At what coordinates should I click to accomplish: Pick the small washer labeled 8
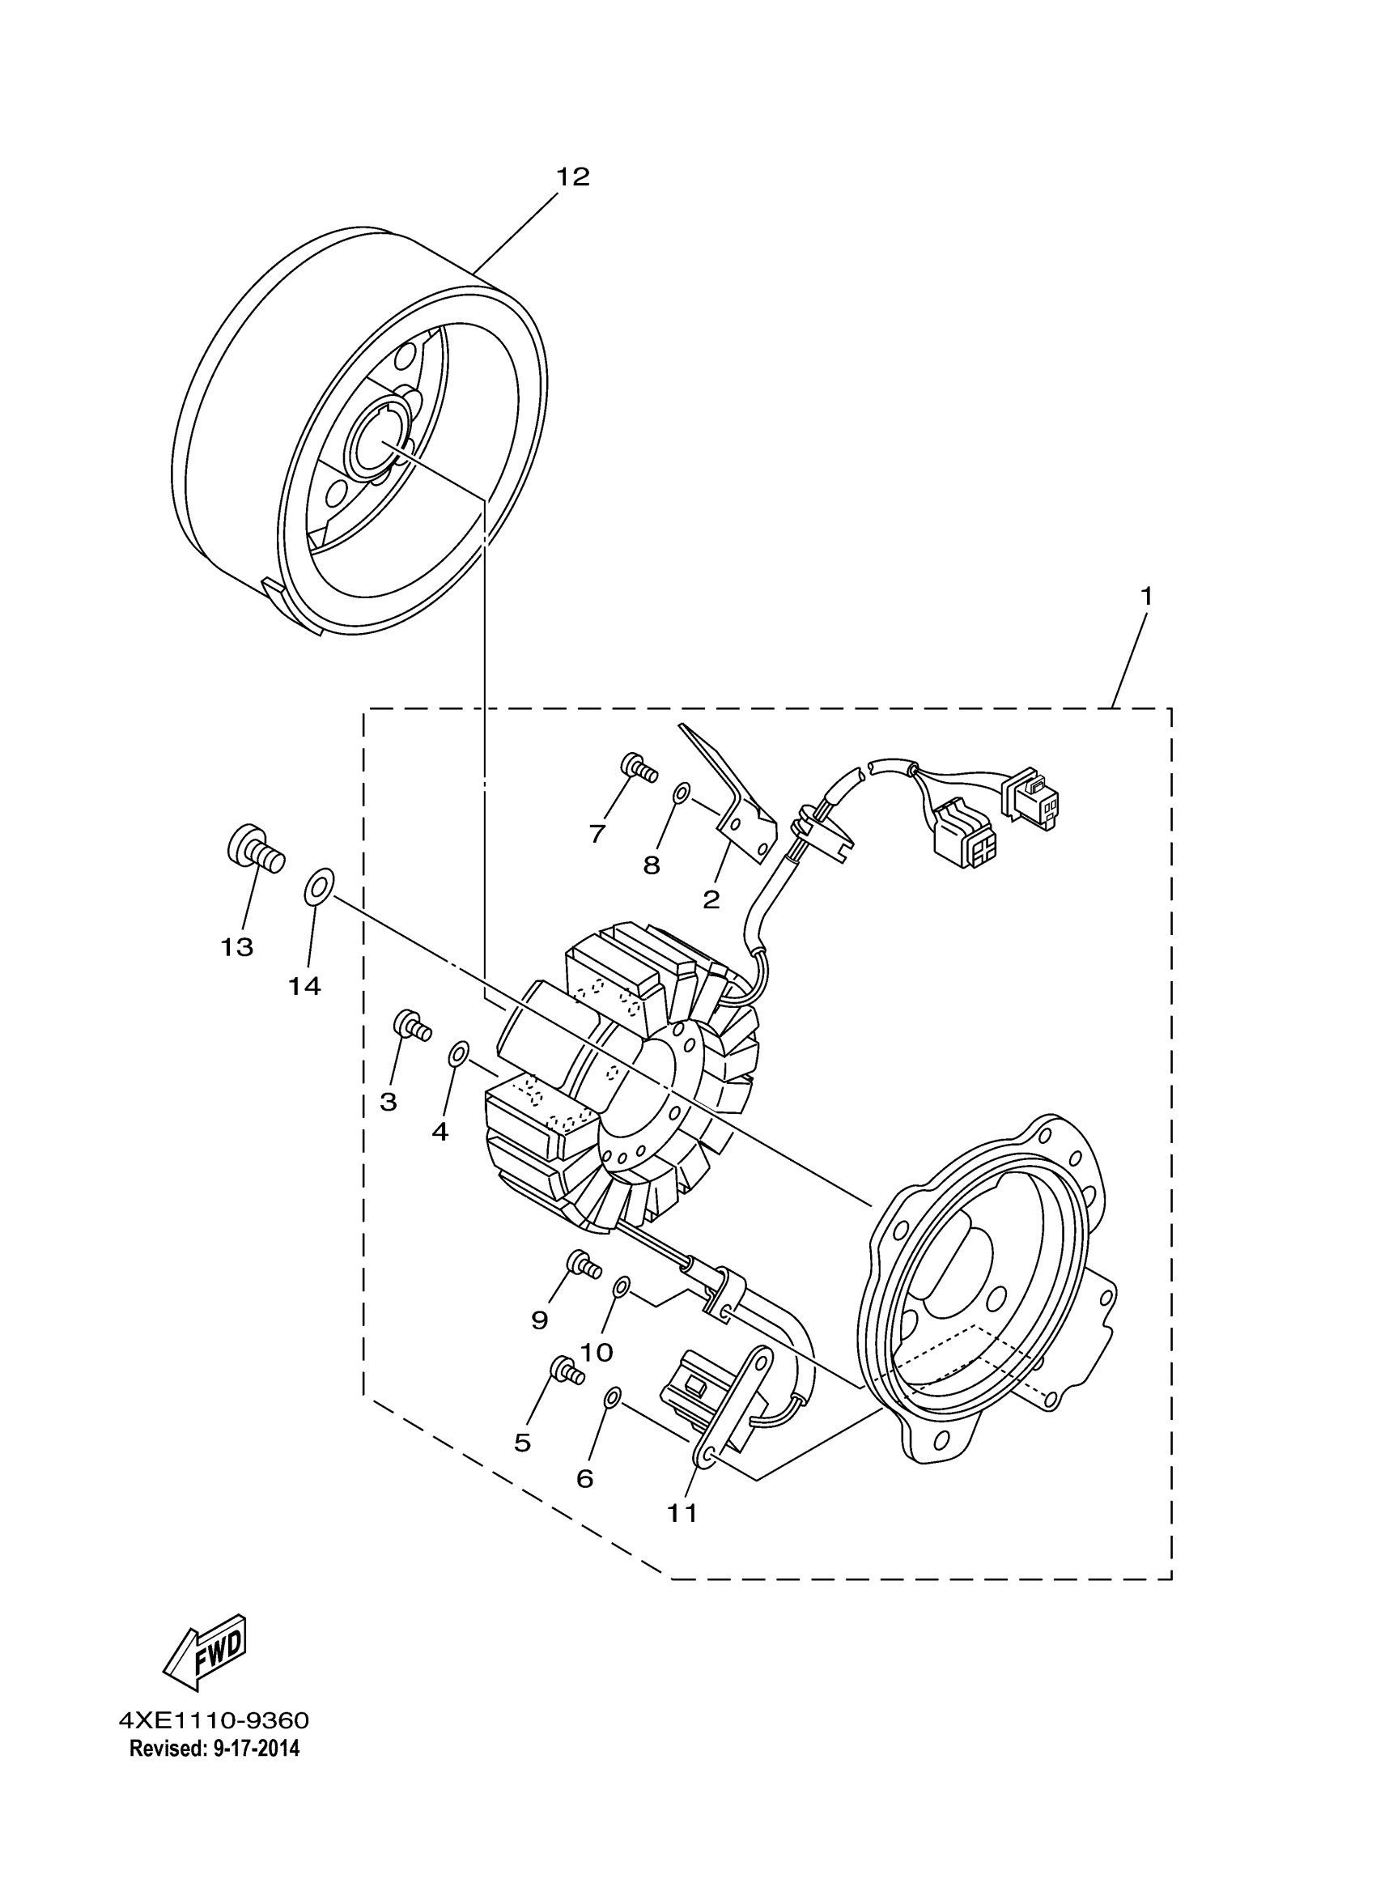pos(682,792)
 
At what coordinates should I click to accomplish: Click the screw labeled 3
pos(411,1026)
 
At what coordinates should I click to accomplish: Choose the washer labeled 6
pos(613,1396)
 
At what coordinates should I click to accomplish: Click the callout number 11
pos(682,1513)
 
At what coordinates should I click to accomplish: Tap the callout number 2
pos(711,900)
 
